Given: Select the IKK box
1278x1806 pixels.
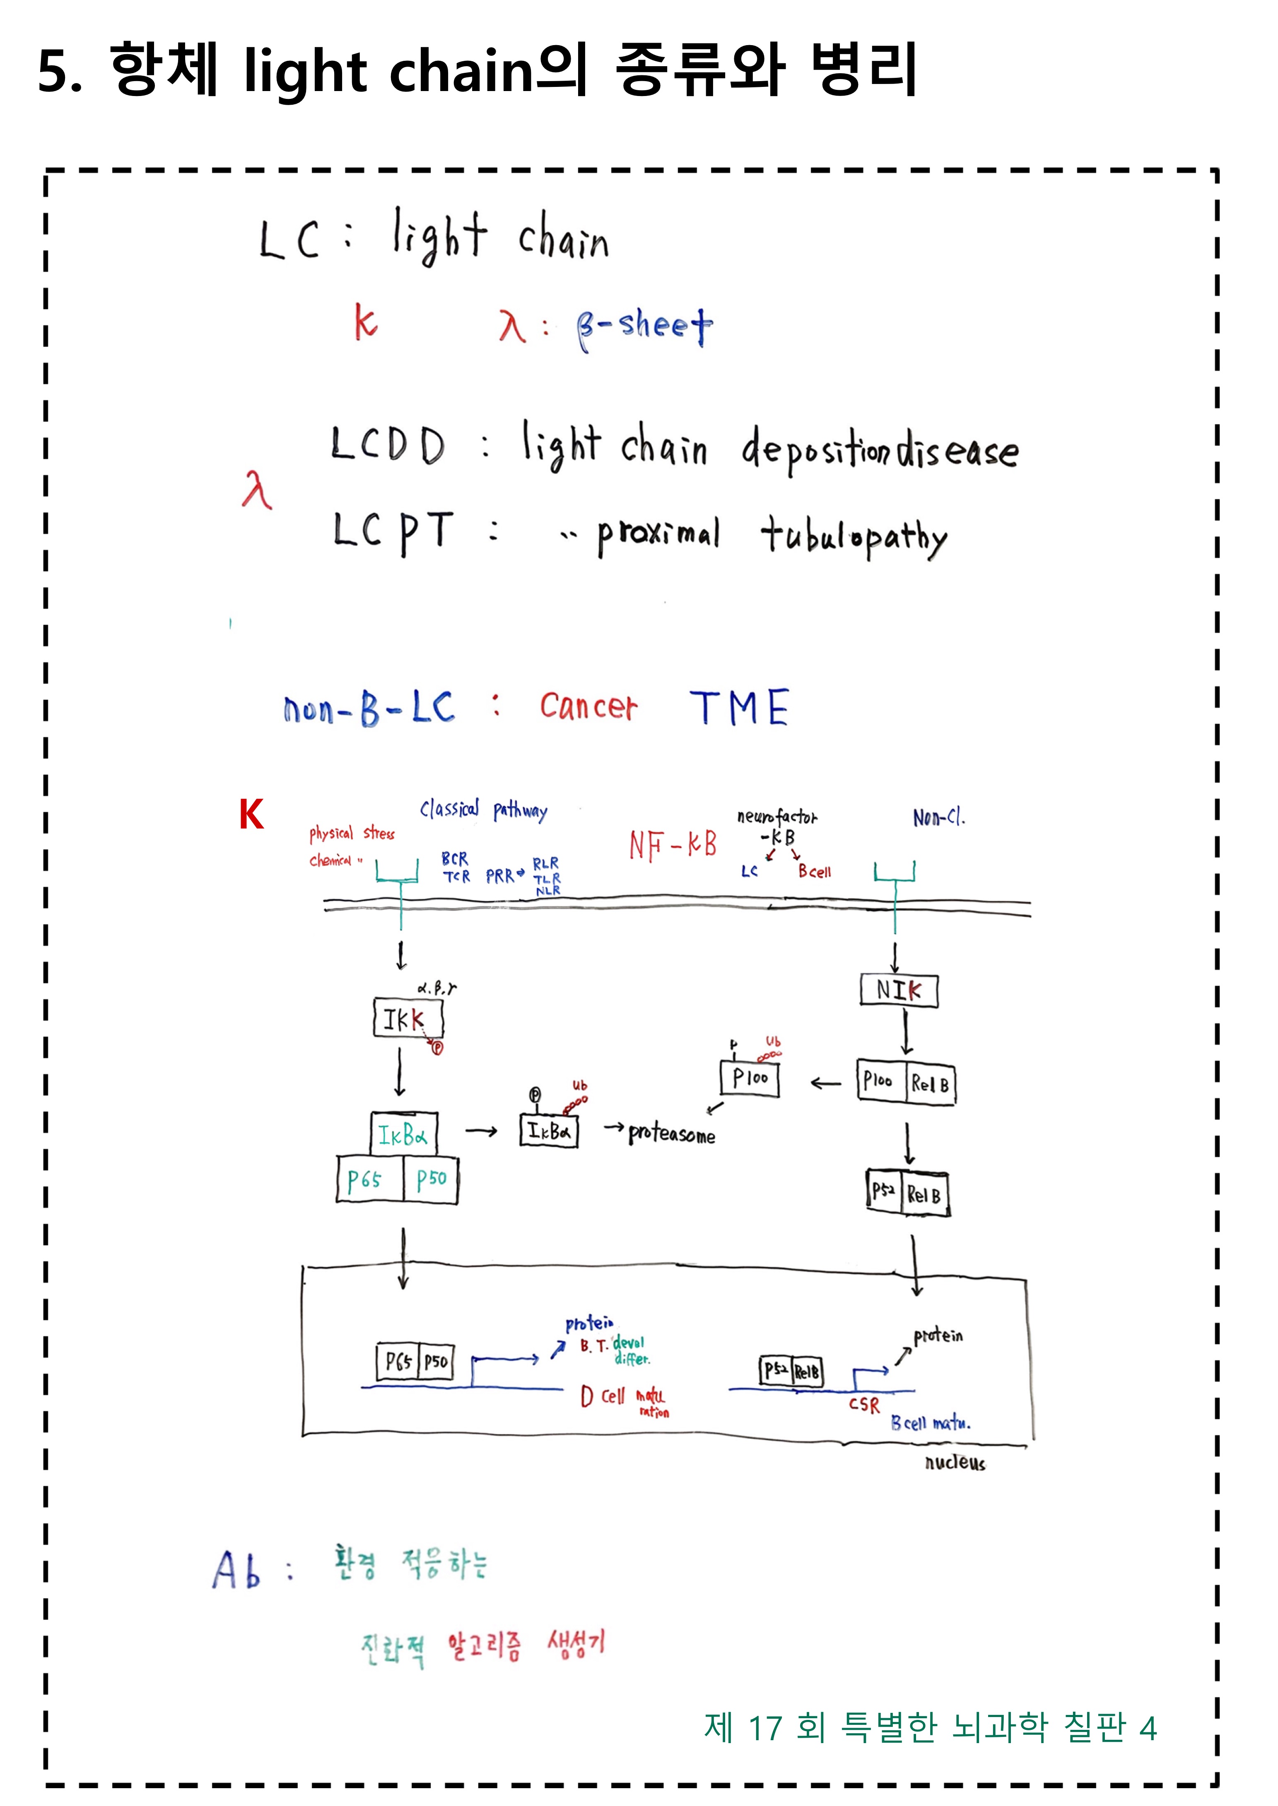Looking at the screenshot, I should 408,1019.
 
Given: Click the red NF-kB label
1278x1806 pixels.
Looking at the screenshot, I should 673,845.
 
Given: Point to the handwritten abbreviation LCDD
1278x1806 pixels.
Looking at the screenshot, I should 387,445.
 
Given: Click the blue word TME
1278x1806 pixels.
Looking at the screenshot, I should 739,707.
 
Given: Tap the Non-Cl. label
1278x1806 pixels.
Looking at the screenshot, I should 938,818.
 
